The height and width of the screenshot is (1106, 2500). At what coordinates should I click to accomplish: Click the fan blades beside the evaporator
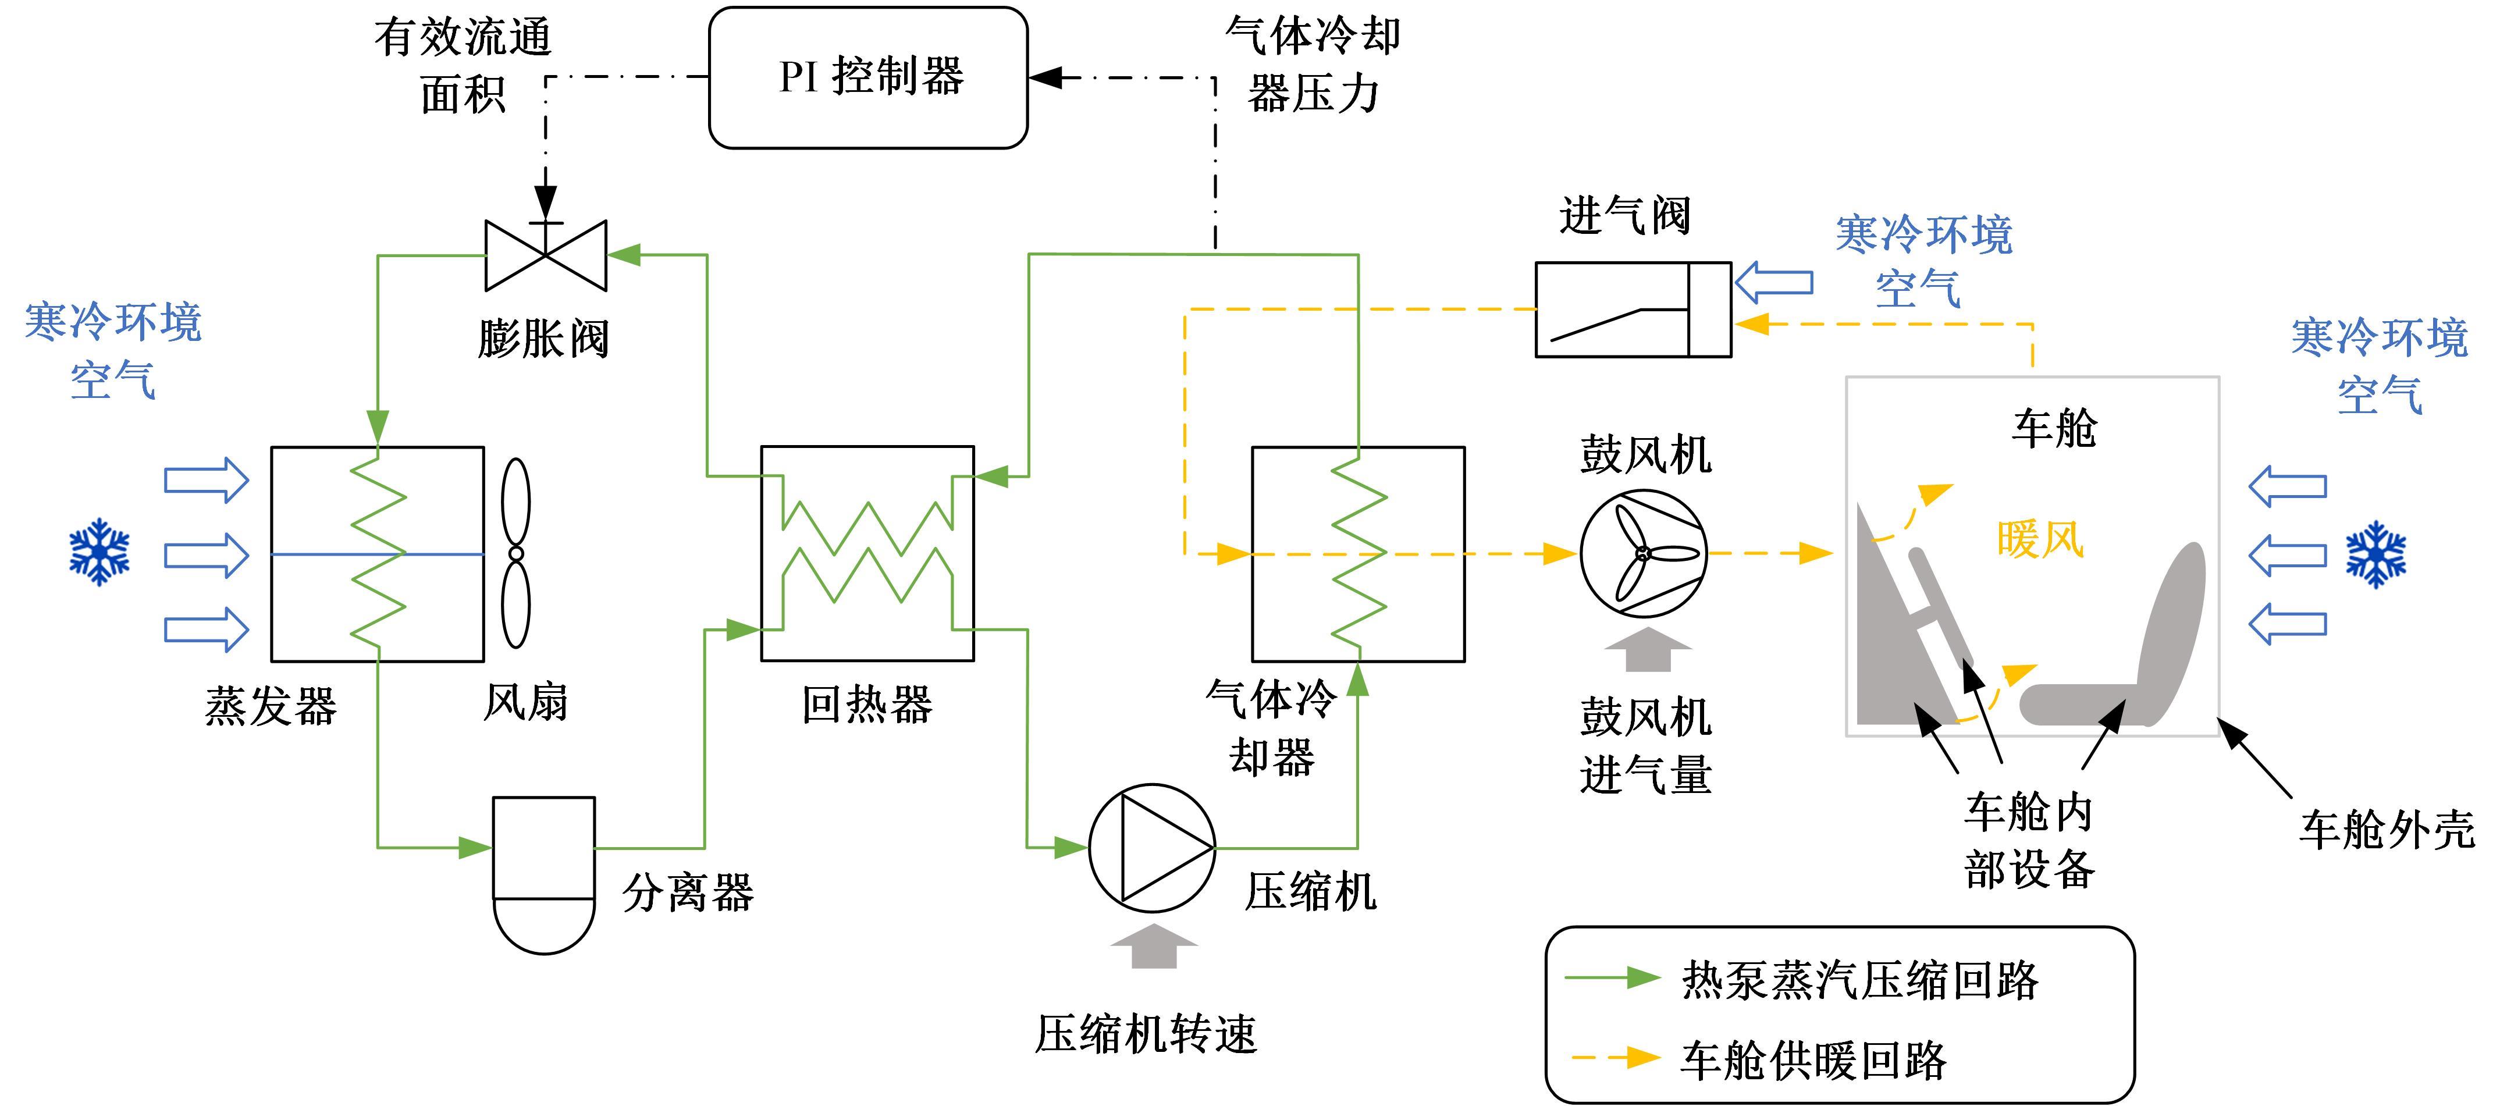516,553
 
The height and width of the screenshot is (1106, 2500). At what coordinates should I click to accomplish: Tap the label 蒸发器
271,706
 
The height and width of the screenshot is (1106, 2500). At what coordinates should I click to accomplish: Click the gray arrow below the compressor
1153,946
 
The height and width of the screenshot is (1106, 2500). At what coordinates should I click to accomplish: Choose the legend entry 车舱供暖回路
1813,1059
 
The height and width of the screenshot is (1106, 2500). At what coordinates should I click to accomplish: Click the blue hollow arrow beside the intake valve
1773,282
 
